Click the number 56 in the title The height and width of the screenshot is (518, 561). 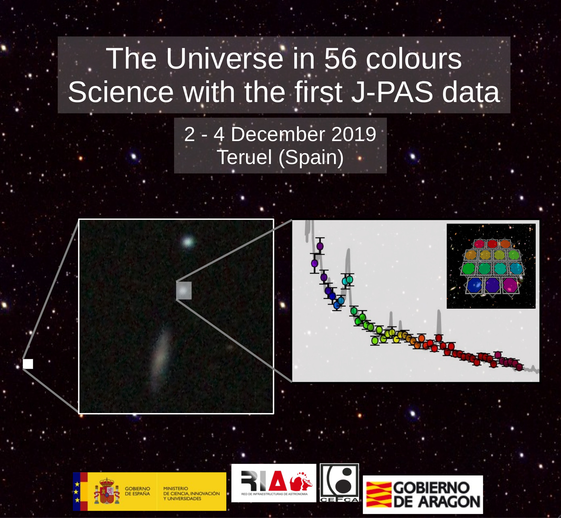coord(340,59)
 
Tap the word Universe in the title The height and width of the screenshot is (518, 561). coord(225,59)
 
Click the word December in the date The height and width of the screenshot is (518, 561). coord(278,134)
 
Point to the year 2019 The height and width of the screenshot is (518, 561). coord(354,134)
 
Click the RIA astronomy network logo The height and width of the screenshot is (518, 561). coord(274,483)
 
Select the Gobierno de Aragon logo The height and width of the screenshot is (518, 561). coord(423,495)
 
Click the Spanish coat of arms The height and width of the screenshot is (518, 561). coord(107,491)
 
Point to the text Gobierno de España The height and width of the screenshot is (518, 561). coord(137,491)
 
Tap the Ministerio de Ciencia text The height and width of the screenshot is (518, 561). coord(191,493)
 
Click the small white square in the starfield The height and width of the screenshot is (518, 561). coord(28,364)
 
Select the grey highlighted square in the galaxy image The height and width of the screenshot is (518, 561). coord(184,291)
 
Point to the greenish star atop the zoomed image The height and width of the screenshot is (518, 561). coord(188,242)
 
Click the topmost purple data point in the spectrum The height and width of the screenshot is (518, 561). coord(320,246)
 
